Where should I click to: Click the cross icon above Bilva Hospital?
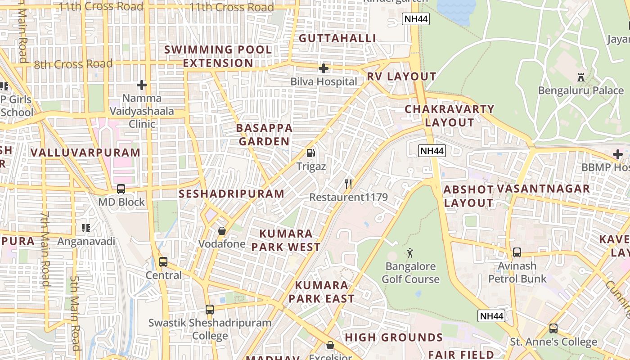pos(323,68)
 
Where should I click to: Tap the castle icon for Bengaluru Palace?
pos(581,77)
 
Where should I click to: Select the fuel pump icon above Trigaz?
pos(310,153)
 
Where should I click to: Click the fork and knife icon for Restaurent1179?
pos(348,184)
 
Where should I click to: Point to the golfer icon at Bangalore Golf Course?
pos(410,253)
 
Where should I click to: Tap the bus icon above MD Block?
pos(121,189)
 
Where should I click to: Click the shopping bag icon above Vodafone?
pos(222,231)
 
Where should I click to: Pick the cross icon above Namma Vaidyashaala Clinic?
pos(142,85)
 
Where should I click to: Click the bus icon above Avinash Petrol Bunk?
pos(517,252)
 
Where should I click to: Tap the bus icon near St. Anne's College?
pos(553,328)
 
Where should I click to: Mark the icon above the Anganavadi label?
pos(86,228)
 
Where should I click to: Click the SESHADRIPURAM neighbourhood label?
pos(232,194)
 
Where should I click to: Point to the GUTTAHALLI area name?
pos(337,38)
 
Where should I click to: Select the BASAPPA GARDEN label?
pos(264,135)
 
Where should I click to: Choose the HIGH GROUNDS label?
pos(394,337)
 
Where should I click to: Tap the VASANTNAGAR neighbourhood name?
pos(543,189)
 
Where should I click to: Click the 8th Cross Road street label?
pos(73,64)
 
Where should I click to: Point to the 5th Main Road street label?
pos(75,312)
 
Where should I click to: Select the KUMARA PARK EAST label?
pos(321,292)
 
